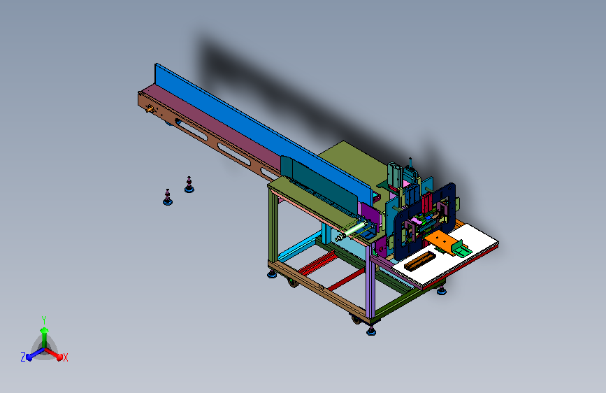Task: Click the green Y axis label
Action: [44, 320]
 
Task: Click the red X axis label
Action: [65, 357]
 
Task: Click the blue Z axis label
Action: [23, 357]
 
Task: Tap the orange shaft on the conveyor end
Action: [149, 110]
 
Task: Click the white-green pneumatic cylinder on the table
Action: [351, 231]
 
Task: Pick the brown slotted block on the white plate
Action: [419, 260]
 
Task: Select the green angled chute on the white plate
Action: [461, 248]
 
